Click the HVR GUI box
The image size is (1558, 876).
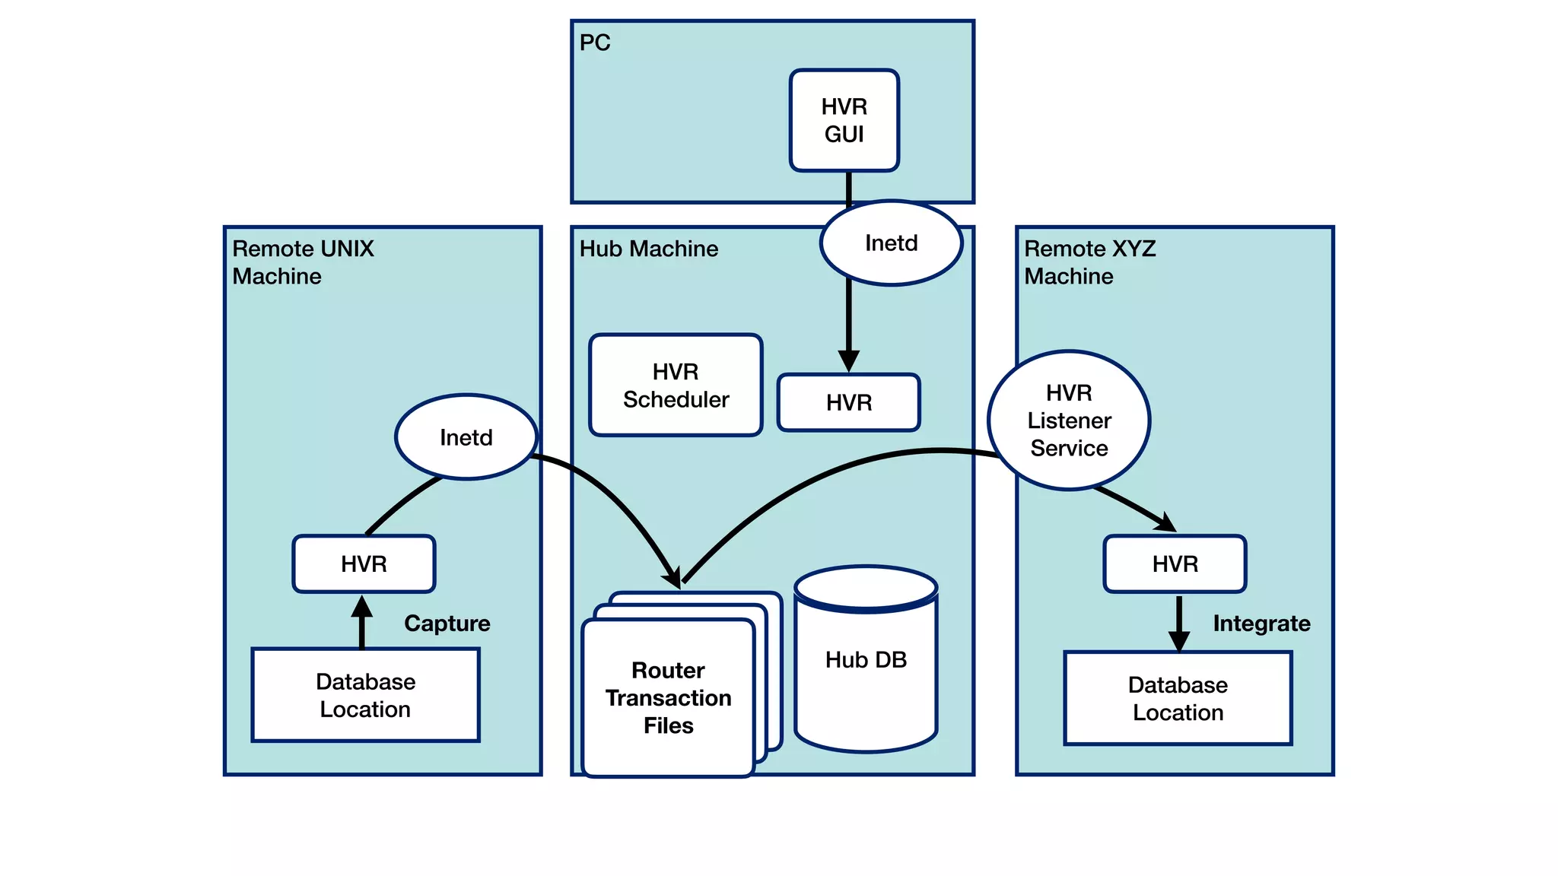[x=844, y=120]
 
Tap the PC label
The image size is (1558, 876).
[x=594, y=43]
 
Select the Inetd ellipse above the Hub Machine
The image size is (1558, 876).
[x=891, y=243]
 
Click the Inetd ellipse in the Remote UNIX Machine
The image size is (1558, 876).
[x=466, y=437]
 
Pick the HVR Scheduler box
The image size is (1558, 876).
[x=676, y=386]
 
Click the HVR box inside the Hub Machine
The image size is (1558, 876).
[x=848, y=402]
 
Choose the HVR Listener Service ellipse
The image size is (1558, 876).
[x=1069, y=421]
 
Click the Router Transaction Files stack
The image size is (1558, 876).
[x=668, y=697]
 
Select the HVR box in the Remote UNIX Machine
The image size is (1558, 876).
[x=364, y=564]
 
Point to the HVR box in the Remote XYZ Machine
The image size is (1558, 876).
[x=1175, y=564]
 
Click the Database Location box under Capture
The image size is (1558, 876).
[x=365, y=695]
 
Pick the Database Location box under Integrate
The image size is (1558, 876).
[x=1178, y=698]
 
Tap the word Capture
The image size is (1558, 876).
[x=447, y=624]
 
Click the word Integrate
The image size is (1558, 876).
[x=1261, y=624]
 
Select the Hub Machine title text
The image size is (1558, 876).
[x=648, y=249]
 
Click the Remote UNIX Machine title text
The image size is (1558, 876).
[x=303, y=262]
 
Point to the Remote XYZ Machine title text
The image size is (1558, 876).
[x=1089, y=262]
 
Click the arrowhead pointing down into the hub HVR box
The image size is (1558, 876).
[x=848, y=361]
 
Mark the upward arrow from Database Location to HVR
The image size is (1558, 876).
[x=362, y=620]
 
